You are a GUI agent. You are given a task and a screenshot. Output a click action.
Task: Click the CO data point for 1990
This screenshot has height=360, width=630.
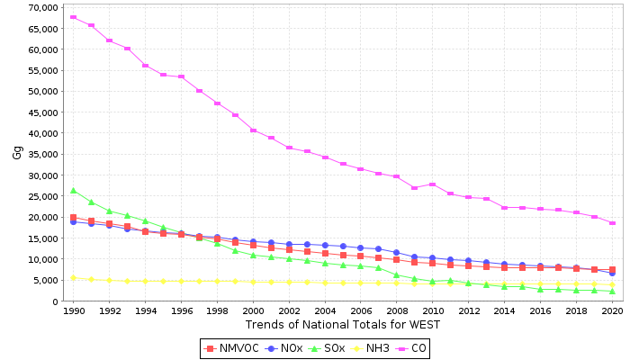tap(73, 17)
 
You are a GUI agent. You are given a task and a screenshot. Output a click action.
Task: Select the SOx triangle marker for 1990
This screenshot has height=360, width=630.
tap(73, 191)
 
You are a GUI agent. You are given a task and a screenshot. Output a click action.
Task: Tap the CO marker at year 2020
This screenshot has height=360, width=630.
tap(612, 223)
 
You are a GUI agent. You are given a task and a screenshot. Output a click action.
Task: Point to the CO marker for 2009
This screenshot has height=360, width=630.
tap(414, 187)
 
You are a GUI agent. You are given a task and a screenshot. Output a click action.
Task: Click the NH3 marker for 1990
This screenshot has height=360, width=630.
tap(73, 278)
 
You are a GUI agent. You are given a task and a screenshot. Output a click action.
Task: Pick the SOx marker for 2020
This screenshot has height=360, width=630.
tap(612, 291)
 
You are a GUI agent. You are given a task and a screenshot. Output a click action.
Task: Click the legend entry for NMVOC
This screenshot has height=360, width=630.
tap(232, 348)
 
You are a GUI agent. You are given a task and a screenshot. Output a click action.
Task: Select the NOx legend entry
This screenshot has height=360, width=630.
tap(285, 348)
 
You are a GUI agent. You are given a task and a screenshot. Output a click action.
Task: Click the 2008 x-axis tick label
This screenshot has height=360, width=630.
tap(396, 310)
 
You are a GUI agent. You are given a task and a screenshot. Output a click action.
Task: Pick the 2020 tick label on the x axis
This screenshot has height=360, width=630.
tap(612, 310)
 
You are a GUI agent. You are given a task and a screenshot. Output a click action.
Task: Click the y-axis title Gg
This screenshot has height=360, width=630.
tap(17, 152)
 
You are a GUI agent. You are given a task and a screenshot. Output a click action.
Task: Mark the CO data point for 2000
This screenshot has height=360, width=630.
tap(253, 130)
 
